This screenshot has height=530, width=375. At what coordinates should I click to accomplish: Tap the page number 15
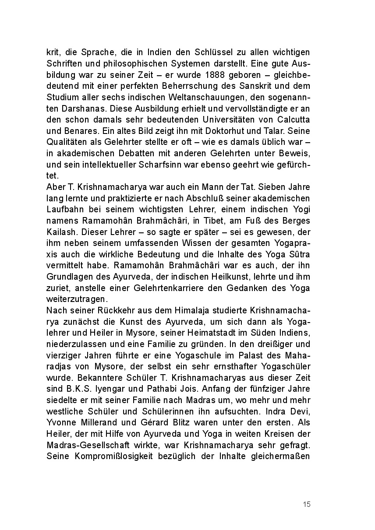coord(306,504)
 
